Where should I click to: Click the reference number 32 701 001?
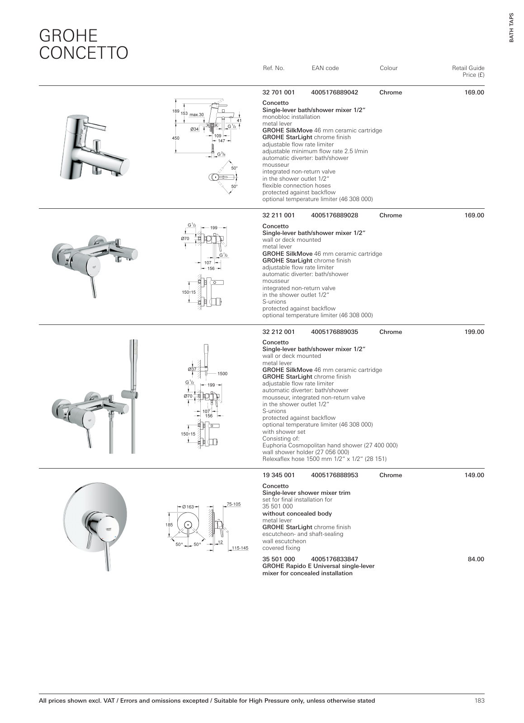click(x=278, y=93)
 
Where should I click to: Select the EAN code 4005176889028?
click(x=335, y=216)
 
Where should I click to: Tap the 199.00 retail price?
click(x=474, y=332)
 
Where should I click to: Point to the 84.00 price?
click(x=476, y=559)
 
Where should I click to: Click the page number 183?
click(x=479, y=701)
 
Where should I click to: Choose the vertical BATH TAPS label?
click(x=511, y=28)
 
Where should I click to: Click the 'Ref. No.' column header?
click(x=274, y=68)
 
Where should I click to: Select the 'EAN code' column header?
click(x=325, y=68)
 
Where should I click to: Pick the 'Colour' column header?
click(x=388, y=68)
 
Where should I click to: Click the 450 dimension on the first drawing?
click(x=176, y=138)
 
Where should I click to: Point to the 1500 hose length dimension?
click(x=222, y=374)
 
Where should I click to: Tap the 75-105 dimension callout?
click(x=234, y=504)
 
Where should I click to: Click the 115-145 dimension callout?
click(x=240, y=548)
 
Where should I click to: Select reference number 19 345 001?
click(x=278, y=475)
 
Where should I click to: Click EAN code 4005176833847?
click(x=335, y=559)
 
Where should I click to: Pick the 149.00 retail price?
click(x=474, y=475)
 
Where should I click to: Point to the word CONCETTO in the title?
click(x=84, y=53)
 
